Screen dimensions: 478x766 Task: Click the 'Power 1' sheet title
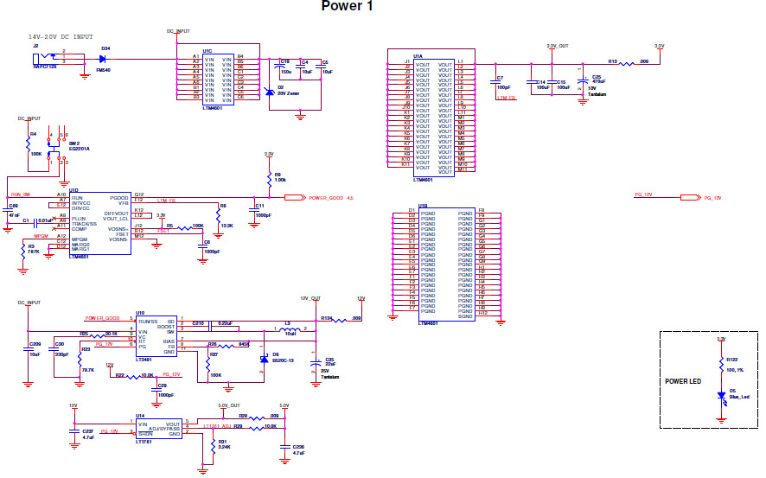tap(348, 7)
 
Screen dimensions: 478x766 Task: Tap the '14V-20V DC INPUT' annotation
tap(61, 37)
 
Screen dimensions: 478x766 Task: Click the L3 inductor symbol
tap(284, 328)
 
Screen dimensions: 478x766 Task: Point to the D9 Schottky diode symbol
tap(265, 358)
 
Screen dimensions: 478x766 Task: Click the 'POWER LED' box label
tap(683, 381)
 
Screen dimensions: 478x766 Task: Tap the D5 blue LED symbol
tap(721, 397)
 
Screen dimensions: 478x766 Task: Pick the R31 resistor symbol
tap(212, 445)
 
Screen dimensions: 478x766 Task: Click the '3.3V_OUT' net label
tap(558, 45)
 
